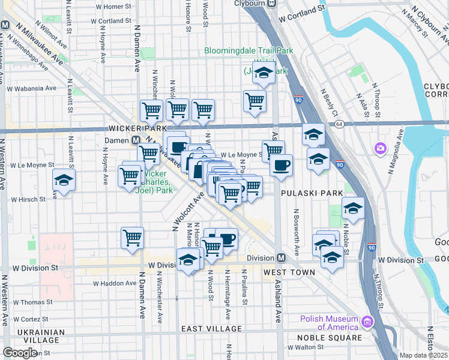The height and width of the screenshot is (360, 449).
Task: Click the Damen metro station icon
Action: (136, 140)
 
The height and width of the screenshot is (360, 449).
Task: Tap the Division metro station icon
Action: (280, 258)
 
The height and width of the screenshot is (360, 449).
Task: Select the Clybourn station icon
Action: (271, 3)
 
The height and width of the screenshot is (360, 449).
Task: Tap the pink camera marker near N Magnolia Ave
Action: (380, 148)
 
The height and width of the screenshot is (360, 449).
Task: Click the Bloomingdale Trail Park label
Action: (249, 51)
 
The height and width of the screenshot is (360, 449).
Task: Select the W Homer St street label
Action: (112, 7)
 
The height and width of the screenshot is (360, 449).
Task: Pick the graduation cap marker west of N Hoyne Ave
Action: (63, 181)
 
